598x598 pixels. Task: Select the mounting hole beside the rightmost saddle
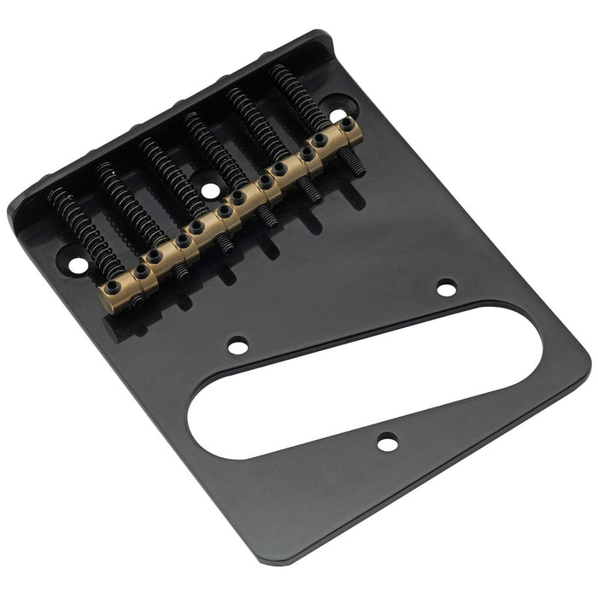coord(338,114)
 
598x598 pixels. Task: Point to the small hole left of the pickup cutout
coord(237,345)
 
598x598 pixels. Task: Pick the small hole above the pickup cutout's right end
coord(446,288)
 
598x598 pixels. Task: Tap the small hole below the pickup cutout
coord(388,443)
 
